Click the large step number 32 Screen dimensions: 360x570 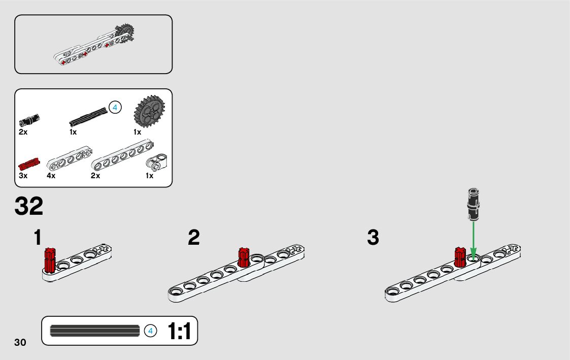[x=29, y=207]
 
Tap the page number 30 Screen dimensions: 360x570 [x=20, y=342]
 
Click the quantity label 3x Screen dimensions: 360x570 [x=23, y=176]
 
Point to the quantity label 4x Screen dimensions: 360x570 [x=51, y=176]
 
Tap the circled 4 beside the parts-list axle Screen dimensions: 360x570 [x=116, y=108]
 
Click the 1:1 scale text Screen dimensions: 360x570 [x=179, y=332]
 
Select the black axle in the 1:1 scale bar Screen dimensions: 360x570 [x=95, y=331]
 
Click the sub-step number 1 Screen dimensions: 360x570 [x=38, y=238]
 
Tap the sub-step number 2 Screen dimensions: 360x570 [x=194, y=238]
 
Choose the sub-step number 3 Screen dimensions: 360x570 [x=373, y=238]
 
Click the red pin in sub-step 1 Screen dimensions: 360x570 [x=50, y=259]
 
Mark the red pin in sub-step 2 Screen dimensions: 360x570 [x=243, y=257]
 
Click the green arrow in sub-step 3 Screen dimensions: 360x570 [x=473, y=239]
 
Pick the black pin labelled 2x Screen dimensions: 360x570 [x=29, y=120]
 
